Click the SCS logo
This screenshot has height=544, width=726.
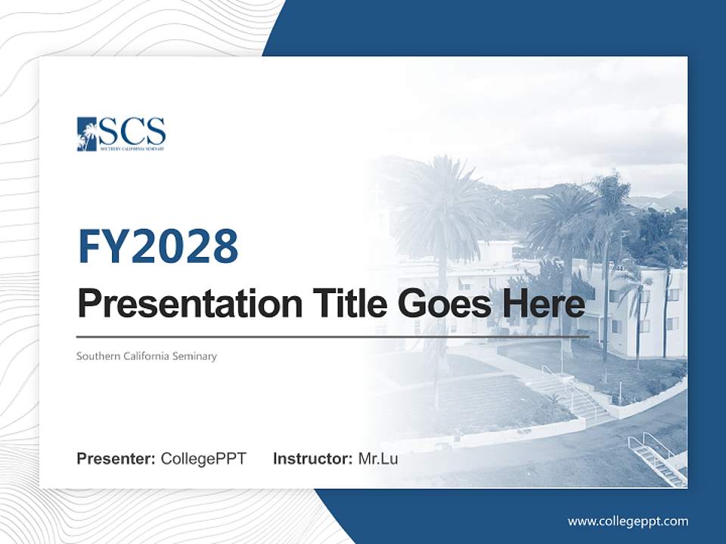(121, 134)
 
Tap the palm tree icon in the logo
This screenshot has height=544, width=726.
(87, 134)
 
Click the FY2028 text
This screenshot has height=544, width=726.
(158, 246)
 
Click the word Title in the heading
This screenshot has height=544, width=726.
(346, 304)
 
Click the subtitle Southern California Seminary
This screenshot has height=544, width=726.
(146, 356)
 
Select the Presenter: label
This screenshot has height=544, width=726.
(116, 459)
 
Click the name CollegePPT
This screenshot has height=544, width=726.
(203, 459)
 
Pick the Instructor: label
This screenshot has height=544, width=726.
(312, 459)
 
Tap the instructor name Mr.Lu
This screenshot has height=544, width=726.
(378, 459)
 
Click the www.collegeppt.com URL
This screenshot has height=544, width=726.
(628, 521)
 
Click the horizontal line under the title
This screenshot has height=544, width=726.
(333, 335)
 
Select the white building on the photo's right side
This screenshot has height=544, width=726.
(650, 310)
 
